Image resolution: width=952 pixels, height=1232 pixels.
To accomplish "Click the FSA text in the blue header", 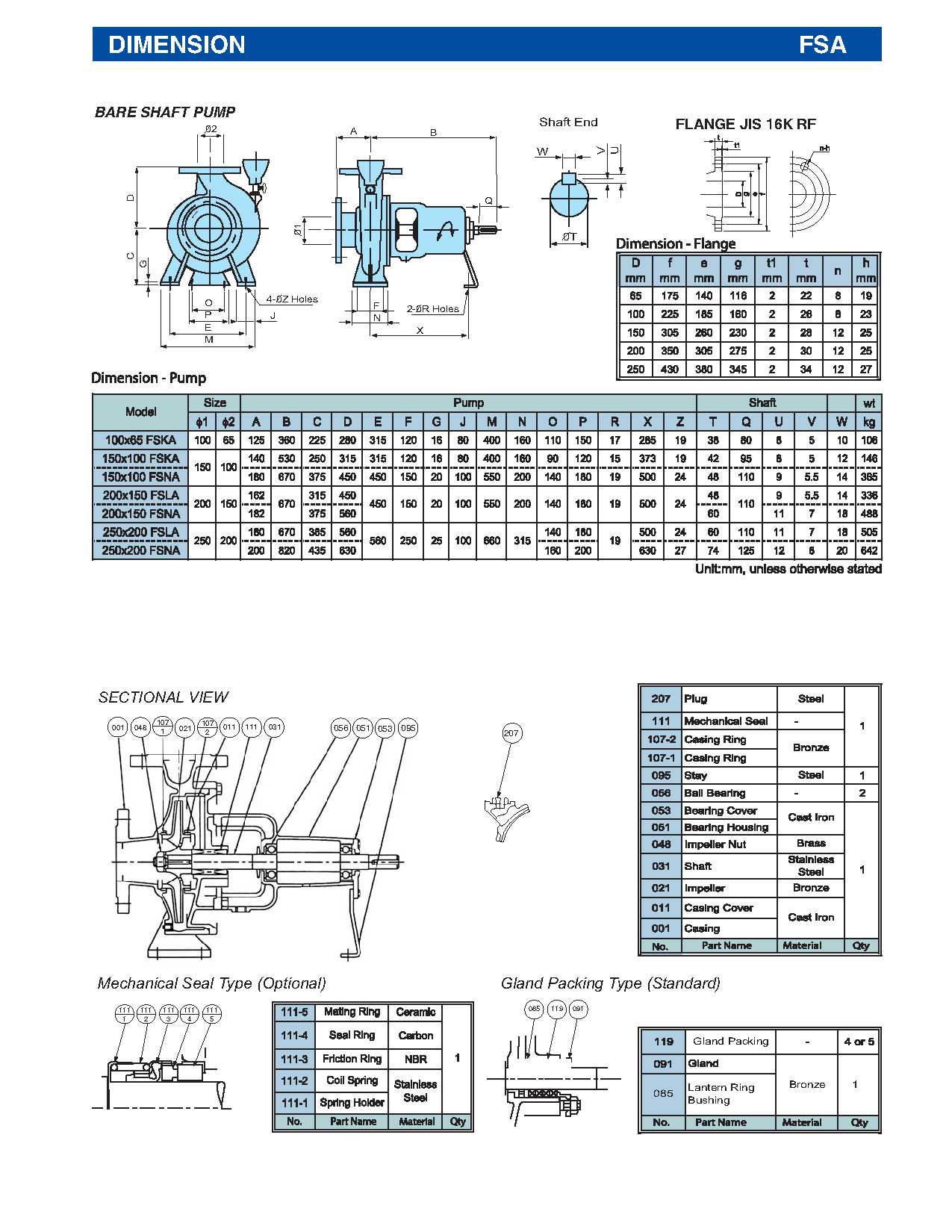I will click(x=822, y=45).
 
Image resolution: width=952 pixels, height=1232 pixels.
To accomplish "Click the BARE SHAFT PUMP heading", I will click(x=165, y=112).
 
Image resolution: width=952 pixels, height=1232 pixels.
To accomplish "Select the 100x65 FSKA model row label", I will click(x=140, y=440).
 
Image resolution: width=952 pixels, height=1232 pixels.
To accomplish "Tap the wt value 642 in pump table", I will click(x=868, y=550).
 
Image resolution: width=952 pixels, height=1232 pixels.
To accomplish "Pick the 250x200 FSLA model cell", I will click(x=140, y=532).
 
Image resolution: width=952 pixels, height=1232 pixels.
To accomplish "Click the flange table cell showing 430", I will click(x=669, y=369).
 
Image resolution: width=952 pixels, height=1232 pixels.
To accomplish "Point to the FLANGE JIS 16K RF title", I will click(x=745, y=125).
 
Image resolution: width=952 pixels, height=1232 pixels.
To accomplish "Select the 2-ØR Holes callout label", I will click(x=432, y=308).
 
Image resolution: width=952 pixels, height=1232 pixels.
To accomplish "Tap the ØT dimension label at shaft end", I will click(x=569, y=237).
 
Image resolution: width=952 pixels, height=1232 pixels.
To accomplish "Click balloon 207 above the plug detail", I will click(x=511, y=733).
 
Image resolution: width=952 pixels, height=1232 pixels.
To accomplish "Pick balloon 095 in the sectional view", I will click(x=408, y=728).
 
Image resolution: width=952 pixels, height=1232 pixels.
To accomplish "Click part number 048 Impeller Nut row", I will click(x=661, y=844).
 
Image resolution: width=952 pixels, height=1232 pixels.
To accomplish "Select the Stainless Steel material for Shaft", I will click(x=810, y=865).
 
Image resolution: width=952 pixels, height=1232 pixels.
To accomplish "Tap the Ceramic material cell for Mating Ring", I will click(x=415, y=1012).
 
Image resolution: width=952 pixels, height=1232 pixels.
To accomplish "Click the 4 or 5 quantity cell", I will click(x=859, y=1041).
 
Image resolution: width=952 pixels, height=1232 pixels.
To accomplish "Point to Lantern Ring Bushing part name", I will click(x=721, y=1093).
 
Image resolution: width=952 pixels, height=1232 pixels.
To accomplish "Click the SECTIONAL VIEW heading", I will click(x=163, y=697).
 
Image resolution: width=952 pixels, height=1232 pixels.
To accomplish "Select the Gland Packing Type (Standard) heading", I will click(x=610, y=983).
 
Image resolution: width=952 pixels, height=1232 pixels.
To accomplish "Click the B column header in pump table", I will click(x=286, y=422).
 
